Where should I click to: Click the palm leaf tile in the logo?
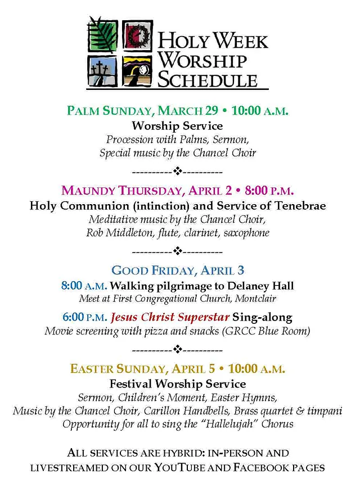(102, 35)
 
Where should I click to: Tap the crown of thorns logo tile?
(137, 35)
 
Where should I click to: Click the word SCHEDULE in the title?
(206, 79)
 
